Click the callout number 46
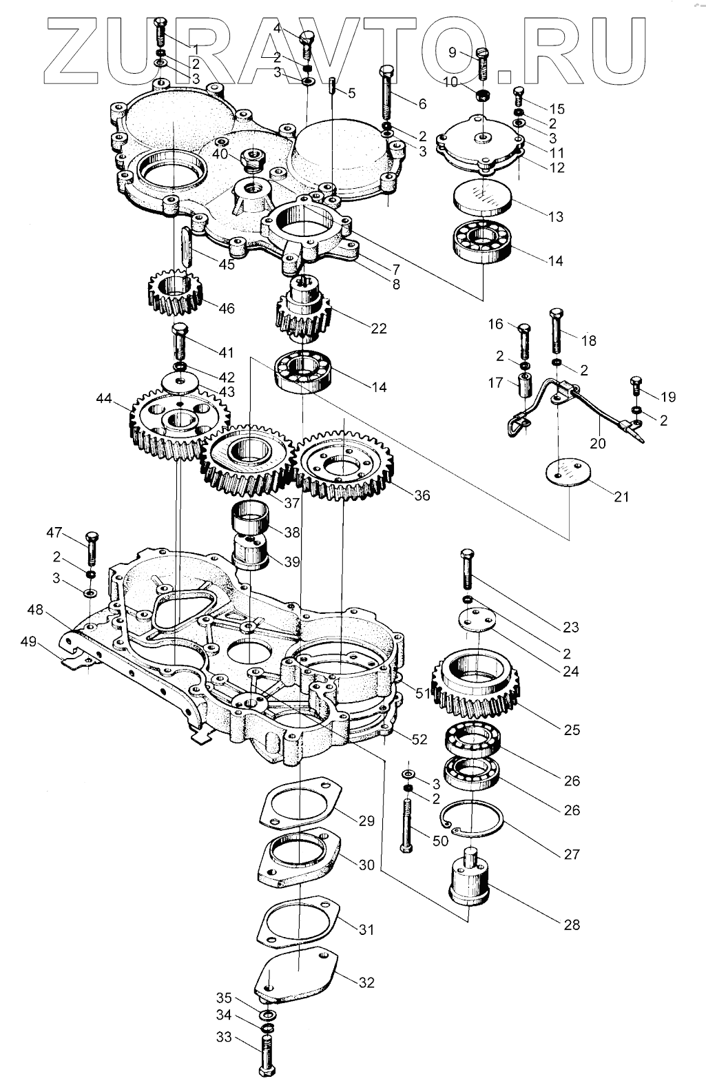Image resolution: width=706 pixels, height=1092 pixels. tap(227, 308)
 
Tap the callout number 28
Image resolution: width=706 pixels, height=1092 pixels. tap(572, 925)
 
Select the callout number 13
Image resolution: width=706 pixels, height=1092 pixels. tap(556, 216)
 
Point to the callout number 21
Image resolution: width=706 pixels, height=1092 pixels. tap(621, 497)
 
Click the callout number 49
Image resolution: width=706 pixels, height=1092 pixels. tap(29, 641)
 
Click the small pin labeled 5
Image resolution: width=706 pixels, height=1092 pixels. tap(332, 87)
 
